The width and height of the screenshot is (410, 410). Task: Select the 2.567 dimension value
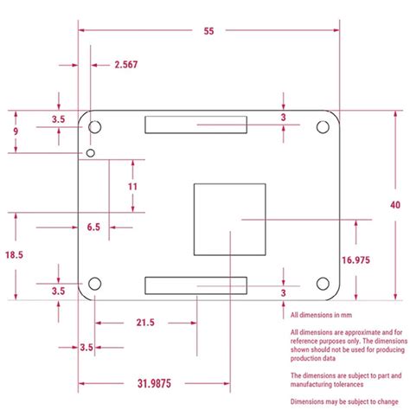coord(125,65)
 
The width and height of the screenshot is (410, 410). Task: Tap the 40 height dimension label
coord(394,204)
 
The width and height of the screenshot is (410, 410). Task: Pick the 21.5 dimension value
coord(144,323)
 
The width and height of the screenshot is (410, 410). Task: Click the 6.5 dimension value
coord(93,227)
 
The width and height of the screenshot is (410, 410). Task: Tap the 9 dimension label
coord(15,131)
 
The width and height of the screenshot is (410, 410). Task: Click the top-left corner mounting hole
coord(95,128)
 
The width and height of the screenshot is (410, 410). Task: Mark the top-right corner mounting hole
coord(323,128)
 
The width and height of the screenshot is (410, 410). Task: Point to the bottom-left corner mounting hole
coord(95,284)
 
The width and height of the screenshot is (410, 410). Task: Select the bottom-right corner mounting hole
coord(323,284)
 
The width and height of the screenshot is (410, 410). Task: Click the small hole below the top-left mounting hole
coord(91,153)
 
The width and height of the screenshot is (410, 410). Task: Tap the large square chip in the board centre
coord(230,219)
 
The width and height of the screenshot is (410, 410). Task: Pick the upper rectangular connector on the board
coord(195,125)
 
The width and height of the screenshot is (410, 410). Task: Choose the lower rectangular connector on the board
coord(195,285)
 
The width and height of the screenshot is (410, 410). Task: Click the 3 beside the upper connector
coord(283,118)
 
